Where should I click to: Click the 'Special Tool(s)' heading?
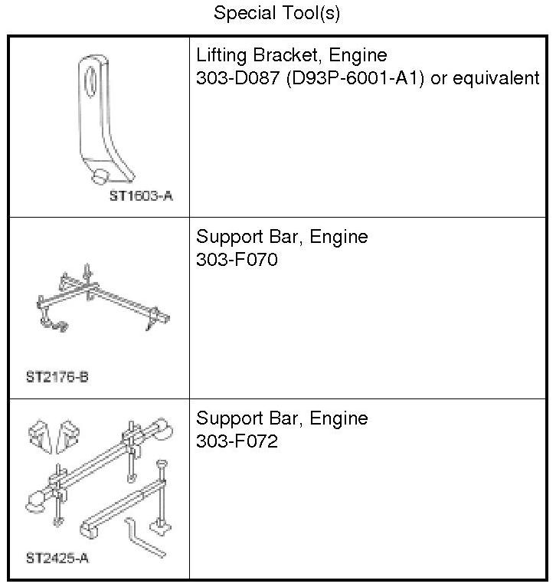(x=277, y=13)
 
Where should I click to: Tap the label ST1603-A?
(x=141, y=195)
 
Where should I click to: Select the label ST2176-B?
(x=57, y=376)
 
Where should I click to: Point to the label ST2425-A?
(x=57, y=558)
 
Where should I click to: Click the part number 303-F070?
(x=237, y=260)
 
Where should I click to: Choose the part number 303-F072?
(x=237, y=441)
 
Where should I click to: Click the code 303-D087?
(x=238, y=78)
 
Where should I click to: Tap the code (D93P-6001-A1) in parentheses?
(x=355, y=78)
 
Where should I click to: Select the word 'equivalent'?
(x=496, y=78)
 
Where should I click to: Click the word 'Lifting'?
(x=221, y=55)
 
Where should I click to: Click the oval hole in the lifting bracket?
(x=90, y=81)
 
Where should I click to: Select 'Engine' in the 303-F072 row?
(x=339, y=418)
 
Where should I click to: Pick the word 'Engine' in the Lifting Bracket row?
(x=358, y=56)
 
